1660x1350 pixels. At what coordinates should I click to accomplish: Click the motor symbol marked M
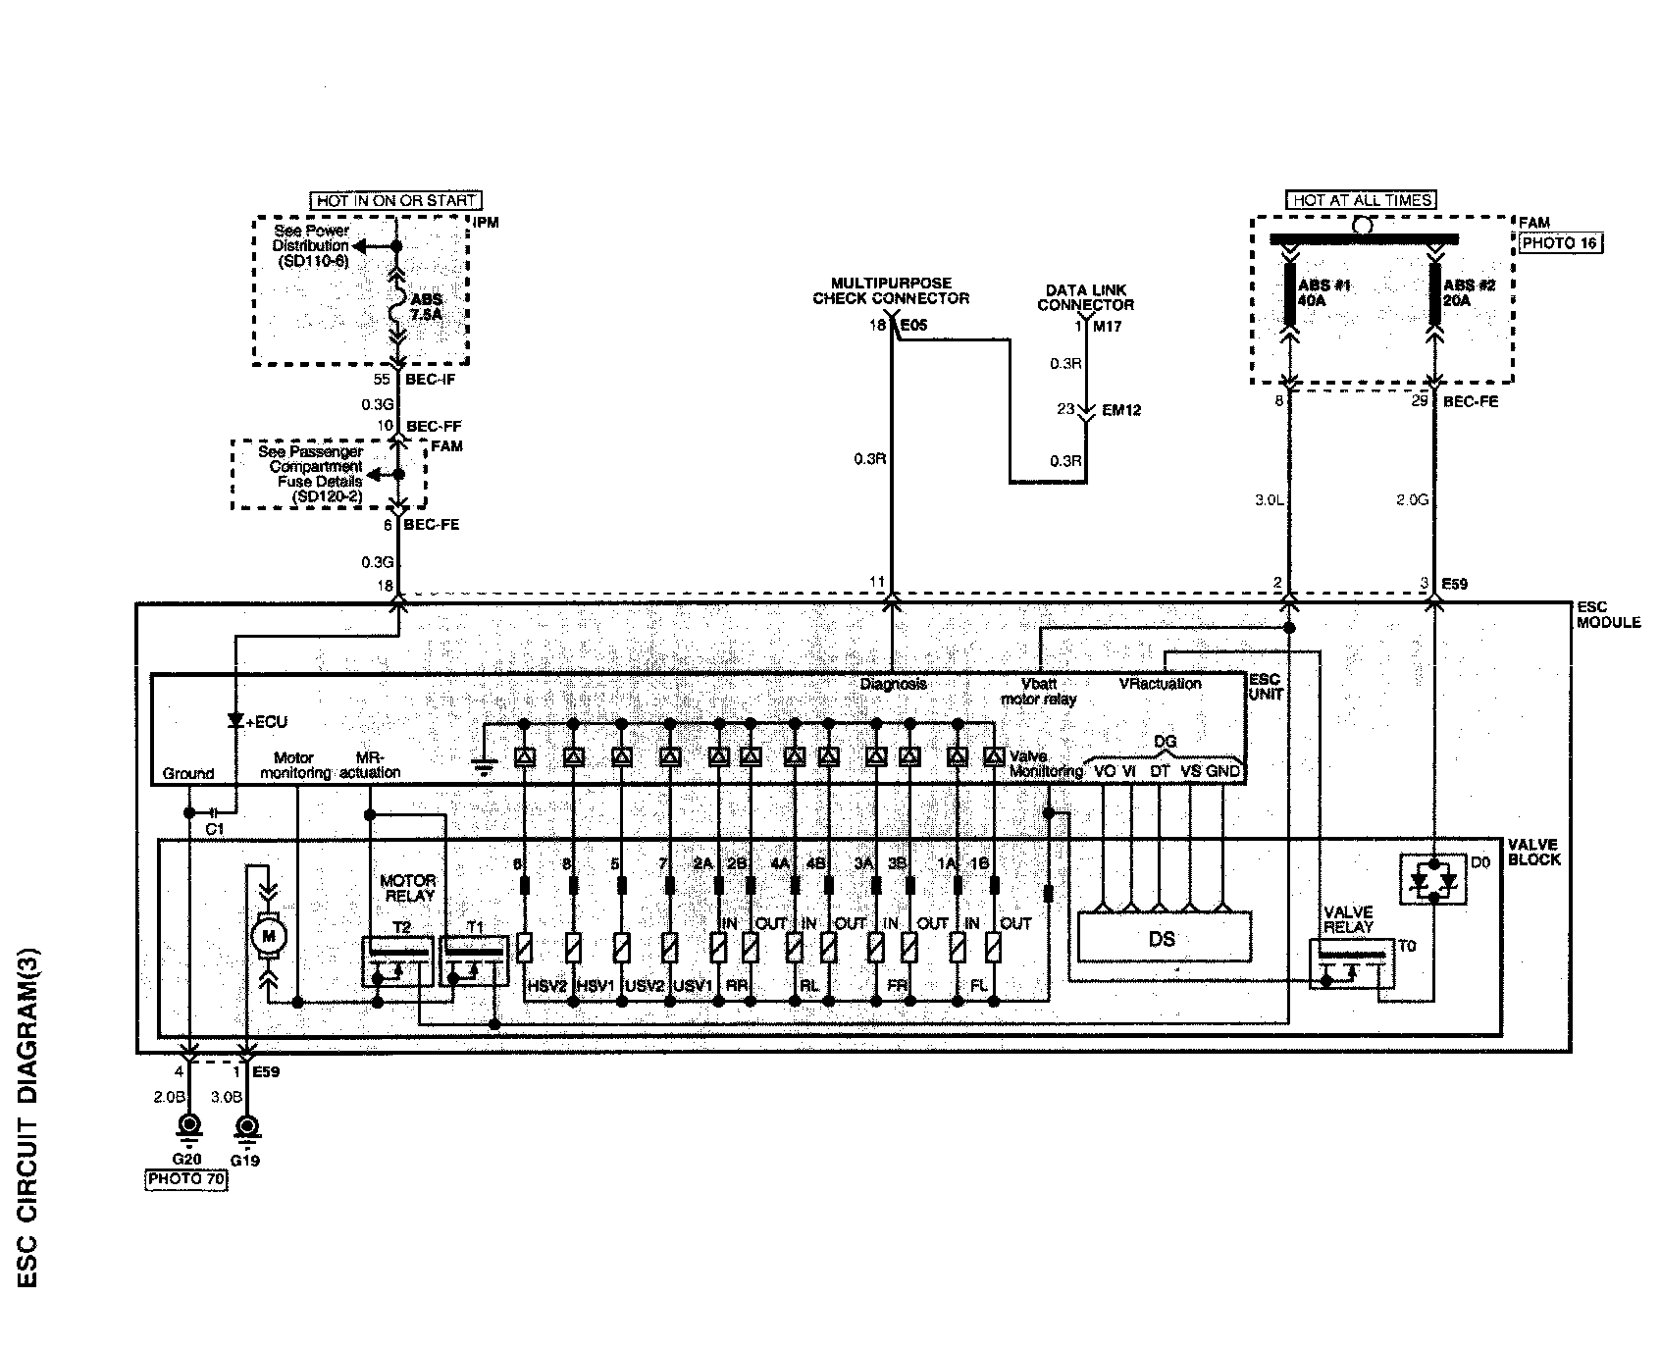coord(267,937)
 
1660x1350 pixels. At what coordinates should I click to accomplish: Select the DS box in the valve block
coord(1163,939)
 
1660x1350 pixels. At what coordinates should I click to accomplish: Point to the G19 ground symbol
coord(247,1125)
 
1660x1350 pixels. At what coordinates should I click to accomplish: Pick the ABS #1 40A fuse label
coord(1315,292)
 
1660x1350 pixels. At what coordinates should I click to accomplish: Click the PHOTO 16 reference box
coord(1560,244)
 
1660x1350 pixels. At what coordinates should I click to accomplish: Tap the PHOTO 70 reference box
coord(186,1180)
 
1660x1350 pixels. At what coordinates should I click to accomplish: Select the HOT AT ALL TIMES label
coord(1362,200)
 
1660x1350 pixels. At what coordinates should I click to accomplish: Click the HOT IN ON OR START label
coord(396,200)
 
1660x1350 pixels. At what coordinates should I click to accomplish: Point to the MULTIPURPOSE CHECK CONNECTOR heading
coord(890,290)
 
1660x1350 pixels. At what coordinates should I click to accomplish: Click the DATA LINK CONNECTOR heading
coord(1086,297)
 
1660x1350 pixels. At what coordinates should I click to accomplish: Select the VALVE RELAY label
coord(1348,918)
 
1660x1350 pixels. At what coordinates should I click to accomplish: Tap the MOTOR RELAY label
coord(407,889)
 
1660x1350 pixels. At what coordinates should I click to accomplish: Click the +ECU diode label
coord(266,722)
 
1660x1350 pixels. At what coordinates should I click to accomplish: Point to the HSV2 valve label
coord(547,986)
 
